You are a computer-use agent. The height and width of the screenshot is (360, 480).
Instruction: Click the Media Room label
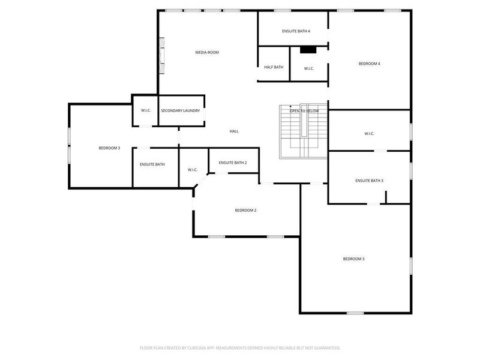click(207, 53)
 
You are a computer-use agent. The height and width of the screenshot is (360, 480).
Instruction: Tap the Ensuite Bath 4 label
click(296, 31)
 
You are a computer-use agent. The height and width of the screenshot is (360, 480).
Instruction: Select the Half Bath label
click(274, 67)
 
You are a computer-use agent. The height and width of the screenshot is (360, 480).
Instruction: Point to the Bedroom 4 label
click(370, 64)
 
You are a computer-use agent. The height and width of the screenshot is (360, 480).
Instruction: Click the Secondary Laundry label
click(180, 110)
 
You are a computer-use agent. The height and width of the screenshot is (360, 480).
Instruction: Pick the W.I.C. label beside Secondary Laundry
click(146, 110)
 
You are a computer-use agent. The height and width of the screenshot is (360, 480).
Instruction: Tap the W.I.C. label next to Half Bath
click(308, 68)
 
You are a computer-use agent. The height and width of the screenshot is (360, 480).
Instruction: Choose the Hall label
click(234, 131)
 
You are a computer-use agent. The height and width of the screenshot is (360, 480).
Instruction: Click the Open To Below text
click(304, 111)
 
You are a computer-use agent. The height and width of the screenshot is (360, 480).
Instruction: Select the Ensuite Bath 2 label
click(233, 163)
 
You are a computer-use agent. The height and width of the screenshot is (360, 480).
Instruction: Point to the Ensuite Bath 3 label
click(369, 181)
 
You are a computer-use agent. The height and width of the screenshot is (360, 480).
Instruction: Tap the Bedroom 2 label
click(245, 210)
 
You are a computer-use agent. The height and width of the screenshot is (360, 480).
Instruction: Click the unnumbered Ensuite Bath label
click(152, 164)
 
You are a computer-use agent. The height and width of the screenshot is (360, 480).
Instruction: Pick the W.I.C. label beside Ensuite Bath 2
click(193, 170)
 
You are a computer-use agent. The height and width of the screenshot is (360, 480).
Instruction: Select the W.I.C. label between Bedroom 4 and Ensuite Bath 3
click(369, 133)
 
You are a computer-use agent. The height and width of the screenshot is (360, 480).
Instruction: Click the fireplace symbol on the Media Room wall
click(161, 56)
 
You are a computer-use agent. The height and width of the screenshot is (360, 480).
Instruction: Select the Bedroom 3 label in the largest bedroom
click(354, 259)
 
